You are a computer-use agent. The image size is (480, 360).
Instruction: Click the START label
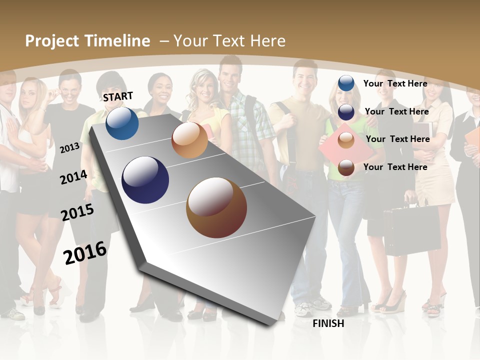(118, 96)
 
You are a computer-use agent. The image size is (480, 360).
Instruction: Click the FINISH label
(328, 323)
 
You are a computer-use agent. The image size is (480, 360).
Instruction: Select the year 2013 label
(70, 147)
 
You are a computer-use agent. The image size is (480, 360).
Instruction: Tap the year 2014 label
(73, 177)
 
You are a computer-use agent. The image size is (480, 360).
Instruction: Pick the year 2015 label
(77, 212)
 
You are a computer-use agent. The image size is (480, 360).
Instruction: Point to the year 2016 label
(85, 252)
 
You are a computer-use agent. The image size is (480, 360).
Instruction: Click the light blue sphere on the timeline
(122, 123)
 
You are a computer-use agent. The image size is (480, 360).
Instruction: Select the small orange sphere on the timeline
(189, 140)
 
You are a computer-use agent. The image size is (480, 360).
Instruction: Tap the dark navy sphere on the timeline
(145, 180)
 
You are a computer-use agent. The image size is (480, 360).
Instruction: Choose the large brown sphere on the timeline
(216, 207)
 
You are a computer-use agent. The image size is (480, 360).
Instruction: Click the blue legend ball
(346, 83)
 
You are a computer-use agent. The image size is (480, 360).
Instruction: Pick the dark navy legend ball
(346, 112)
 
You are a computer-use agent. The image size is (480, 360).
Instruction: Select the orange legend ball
(346, 140)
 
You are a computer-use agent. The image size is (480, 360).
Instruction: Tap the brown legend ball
(346, 167)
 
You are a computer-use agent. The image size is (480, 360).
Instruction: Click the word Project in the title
(52, 41)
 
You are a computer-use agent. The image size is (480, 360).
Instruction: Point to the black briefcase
(404, 230)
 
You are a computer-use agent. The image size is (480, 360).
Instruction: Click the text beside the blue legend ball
(395, 83)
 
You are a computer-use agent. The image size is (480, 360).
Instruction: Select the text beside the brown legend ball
(395, 167)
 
